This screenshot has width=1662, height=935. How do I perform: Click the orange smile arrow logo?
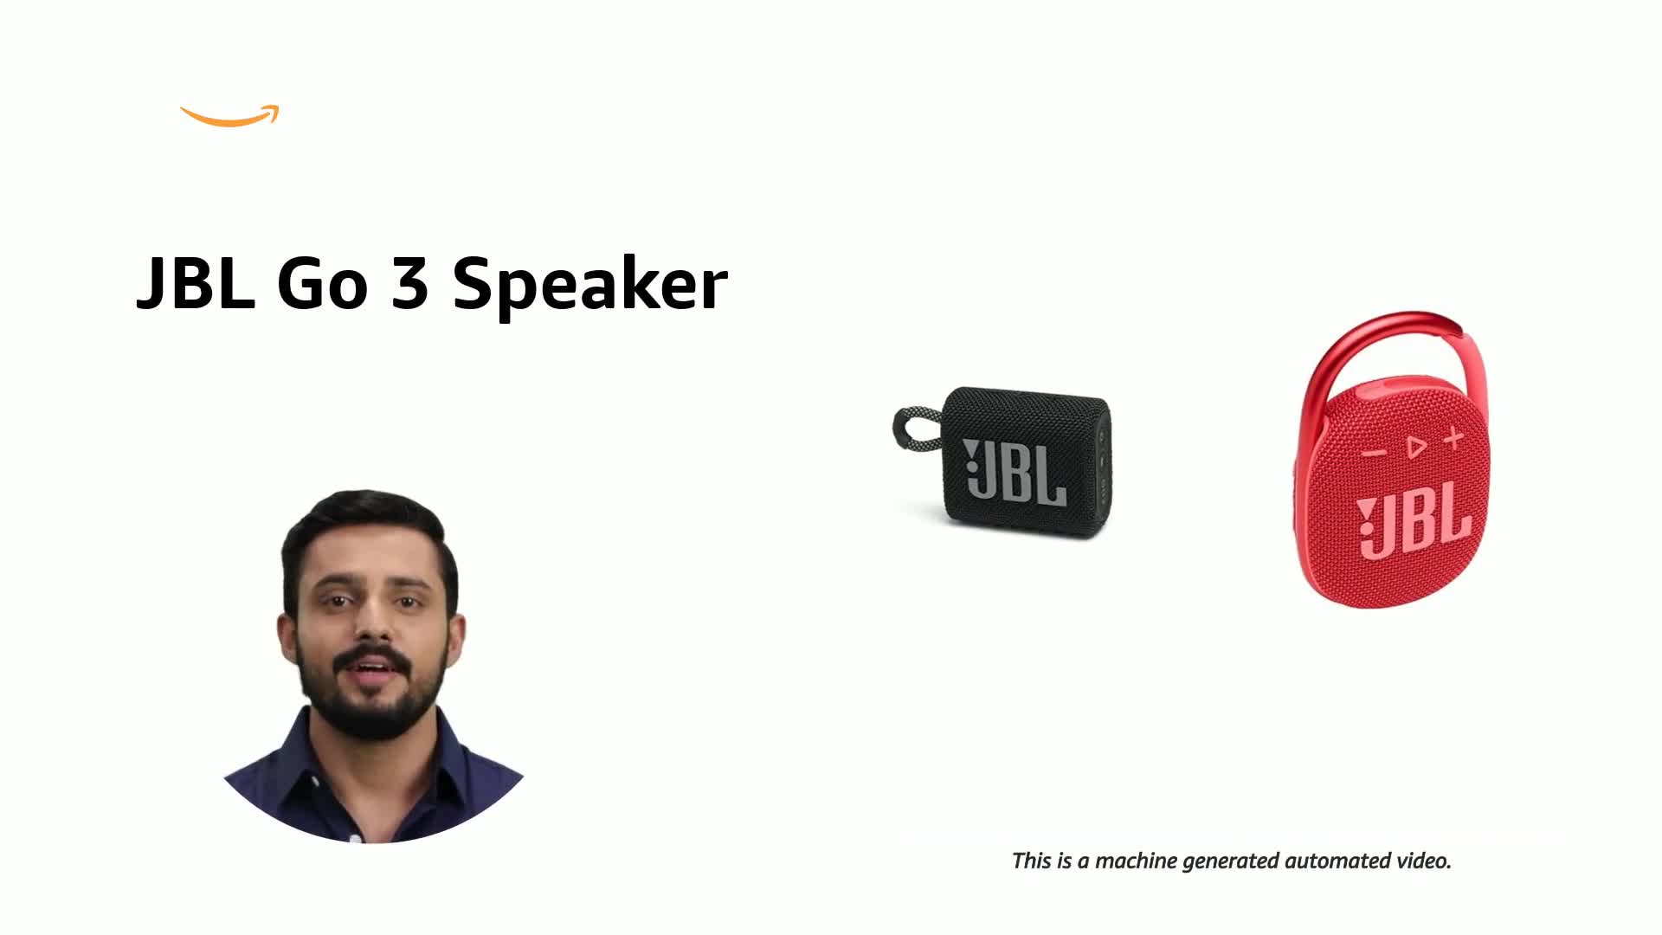pos(229,118)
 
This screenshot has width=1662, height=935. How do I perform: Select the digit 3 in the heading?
pos(409,283)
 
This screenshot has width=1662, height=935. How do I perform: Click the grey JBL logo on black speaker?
pos(1015,472)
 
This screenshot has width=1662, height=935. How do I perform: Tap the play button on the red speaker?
pos(1416,447)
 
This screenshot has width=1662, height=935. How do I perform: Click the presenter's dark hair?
pos(364,528)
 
